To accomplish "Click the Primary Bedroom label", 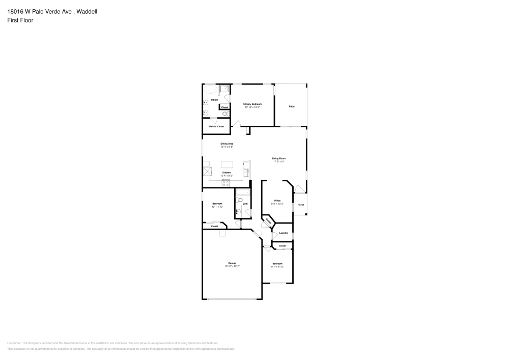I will [x=252, y=104].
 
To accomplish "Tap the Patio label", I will [x=292, y=106].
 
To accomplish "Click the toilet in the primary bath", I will [x=224, y=114].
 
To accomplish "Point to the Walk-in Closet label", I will [x=216, y=126].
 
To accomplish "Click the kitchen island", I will [x=228, y=164].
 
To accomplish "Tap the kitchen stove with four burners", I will [x=225, y=182].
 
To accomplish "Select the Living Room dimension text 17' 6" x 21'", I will [x=278, y=161].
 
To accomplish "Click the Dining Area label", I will [x=227, y=144].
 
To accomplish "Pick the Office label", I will [x=277, y=200].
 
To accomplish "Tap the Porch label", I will [x=301, y=205].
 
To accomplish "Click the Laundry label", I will [x=284, y=233].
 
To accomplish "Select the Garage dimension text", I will [x=232, y=266].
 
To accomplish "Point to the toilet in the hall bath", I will [x=239, y=200].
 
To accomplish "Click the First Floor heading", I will [x=20, y=20].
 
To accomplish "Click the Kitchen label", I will [x=227, y=173].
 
